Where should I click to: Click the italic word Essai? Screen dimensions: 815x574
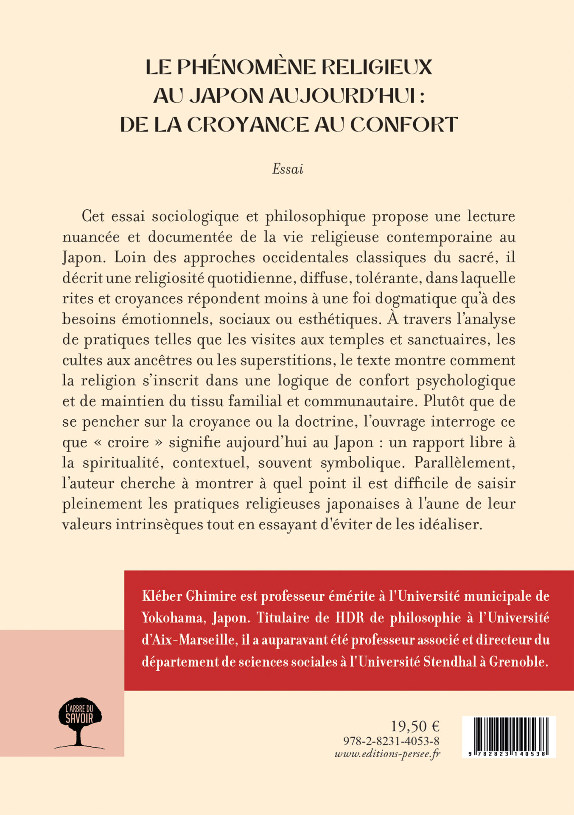coord(288,169)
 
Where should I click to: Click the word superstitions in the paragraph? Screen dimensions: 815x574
coord(287,360)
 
